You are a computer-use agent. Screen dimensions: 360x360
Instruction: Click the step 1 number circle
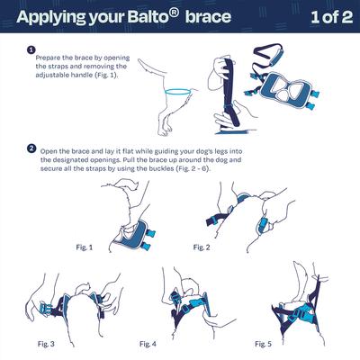tap(31, 50)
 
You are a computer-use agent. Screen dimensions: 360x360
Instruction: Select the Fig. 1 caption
tap(83, 246)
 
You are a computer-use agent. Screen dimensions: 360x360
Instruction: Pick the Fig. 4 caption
tap(148, 343)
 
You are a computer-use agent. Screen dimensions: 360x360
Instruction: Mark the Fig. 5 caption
tap(263, 343)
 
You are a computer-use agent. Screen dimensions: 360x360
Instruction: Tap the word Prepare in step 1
tap(52, 57)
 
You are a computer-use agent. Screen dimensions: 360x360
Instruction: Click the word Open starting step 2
tap(50, 149)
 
